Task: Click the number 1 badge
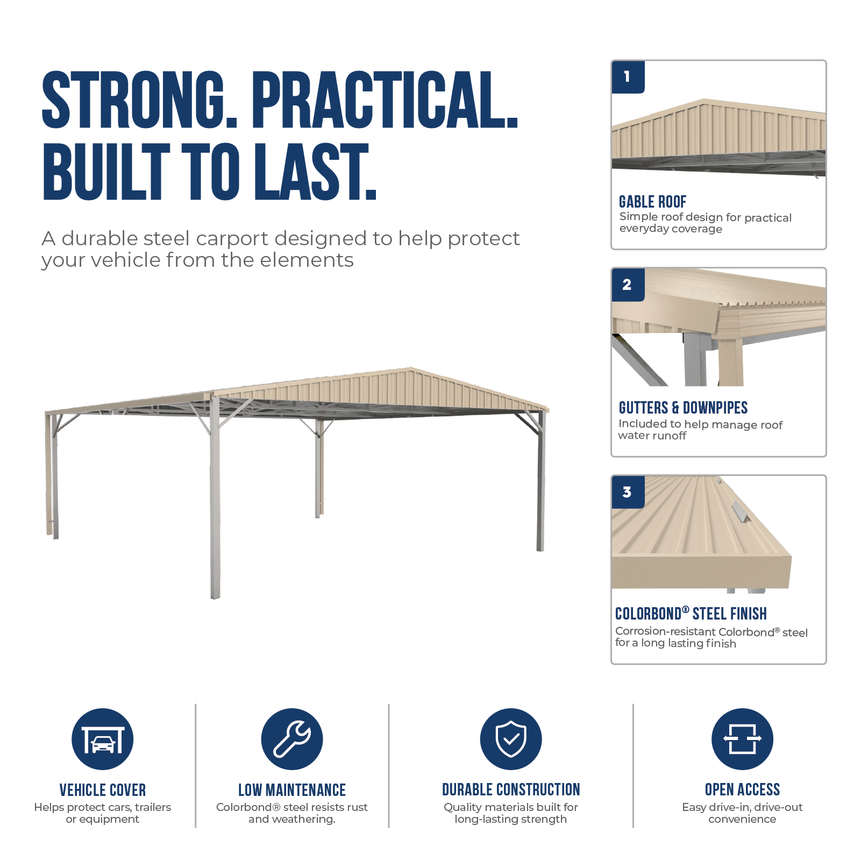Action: [628, 77]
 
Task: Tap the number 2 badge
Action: [628, 284]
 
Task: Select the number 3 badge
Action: [628, 492]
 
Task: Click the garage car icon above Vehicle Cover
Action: [103, 739]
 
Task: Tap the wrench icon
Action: [292, 739]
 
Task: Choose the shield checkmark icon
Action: [511, 739]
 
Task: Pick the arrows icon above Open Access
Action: [742, 739]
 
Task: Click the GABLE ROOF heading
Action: [652, 202]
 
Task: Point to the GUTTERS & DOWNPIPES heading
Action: [683, 408]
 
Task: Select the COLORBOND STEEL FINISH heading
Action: [691, 614]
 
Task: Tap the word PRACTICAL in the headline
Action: [385, 101]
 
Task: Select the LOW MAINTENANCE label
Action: [292, 790]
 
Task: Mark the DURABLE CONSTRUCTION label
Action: [511, 789]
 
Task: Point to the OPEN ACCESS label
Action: [742, 789]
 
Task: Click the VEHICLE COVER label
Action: [103, 790]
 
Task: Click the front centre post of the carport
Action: [215, 497]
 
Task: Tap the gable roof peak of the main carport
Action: [411, 369]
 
